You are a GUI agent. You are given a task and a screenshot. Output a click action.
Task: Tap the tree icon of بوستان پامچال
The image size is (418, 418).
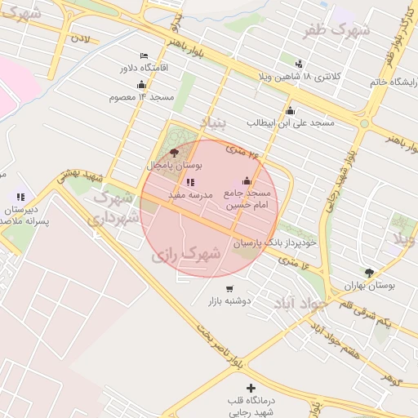(173, 153)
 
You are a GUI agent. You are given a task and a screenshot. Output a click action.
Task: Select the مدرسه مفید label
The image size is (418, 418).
(190, 196)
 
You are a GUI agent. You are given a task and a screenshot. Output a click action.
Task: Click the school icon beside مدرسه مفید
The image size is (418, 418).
(190, 183)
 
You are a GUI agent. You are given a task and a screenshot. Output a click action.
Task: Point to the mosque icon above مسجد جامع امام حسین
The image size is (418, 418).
(247, 181)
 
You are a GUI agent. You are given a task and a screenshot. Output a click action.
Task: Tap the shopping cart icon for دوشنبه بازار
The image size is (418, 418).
(229, 288)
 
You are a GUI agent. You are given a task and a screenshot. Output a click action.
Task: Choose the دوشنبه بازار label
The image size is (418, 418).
(229, 300)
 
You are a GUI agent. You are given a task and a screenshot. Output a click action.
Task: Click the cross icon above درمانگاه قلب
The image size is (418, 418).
(251, 388)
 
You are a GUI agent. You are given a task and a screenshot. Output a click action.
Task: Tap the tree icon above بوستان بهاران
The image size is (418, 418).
(370, 273)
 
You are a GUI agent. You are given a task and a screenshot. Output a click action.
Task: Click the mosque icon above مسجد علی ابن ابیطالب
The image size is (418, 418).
(290, 111)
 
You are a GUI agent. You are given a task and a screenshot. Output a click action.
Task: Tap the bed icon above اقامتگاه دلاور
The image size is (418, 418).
(144, 56)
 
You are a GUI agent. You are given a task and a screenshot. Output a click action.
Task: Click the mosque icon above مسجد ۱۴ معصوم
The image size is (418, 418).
(141, 85)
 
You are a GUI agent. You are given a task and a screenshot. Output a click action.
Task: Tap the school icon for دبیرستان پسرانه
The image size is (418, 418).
(20, 197)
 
